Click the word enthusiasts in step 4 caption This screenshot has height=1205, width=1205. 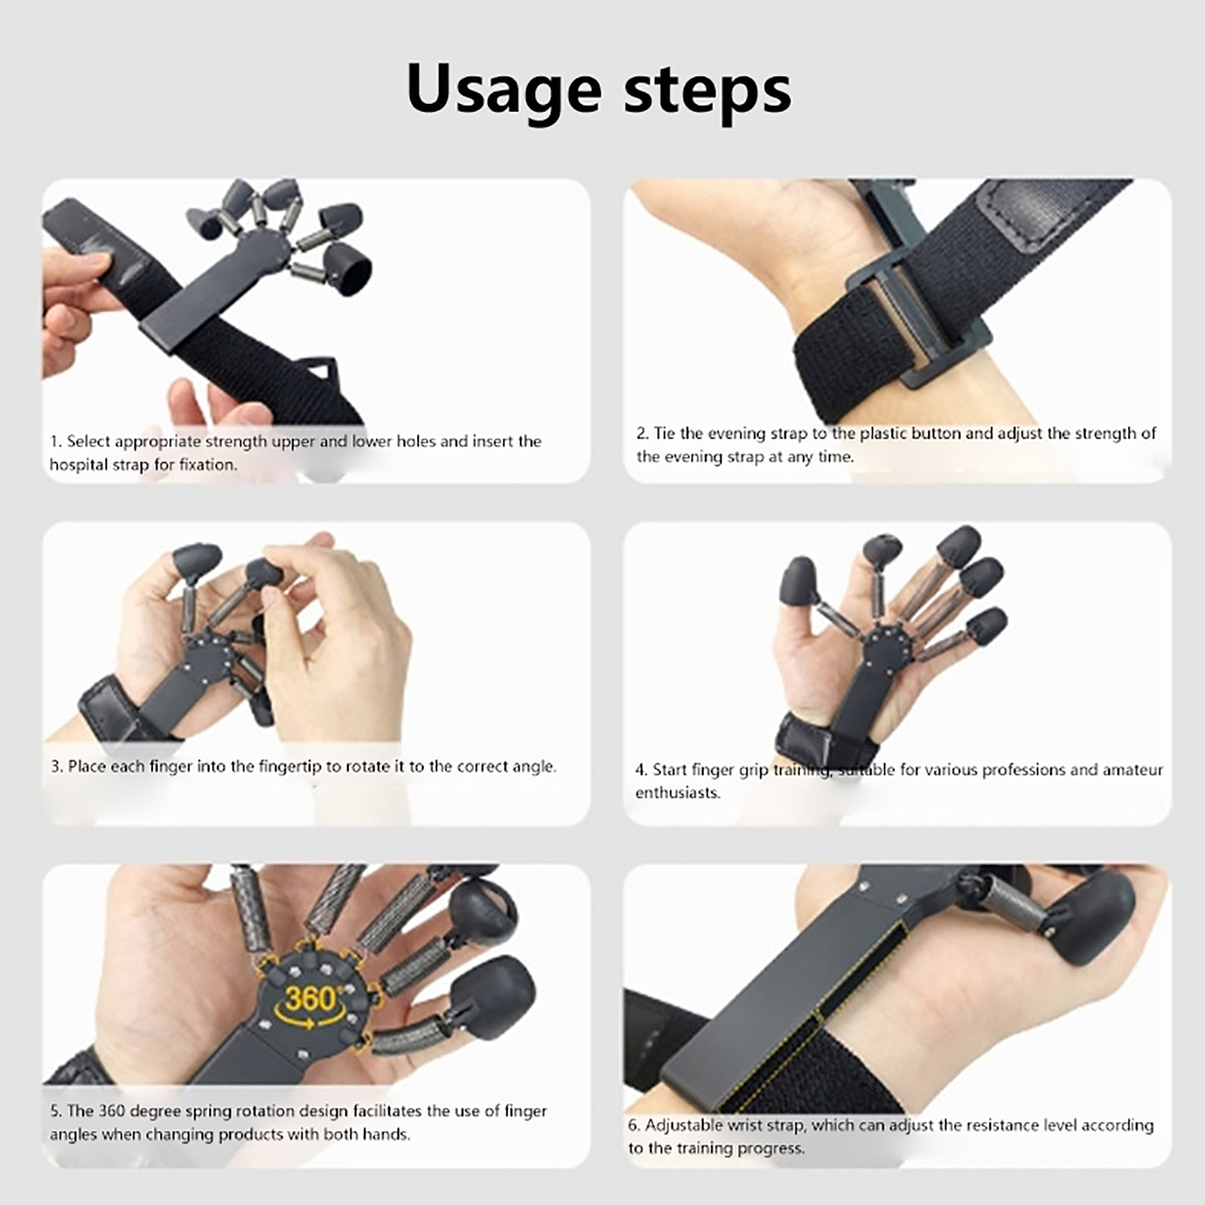tap(678, 792)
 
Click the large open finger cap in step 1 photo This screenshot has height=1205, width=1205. tap(348, 268)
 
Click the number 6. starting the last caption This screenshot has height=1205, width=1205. tap(635, 1125)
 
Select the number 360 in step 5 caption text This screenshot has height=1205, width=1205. tap(111, 1111)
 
